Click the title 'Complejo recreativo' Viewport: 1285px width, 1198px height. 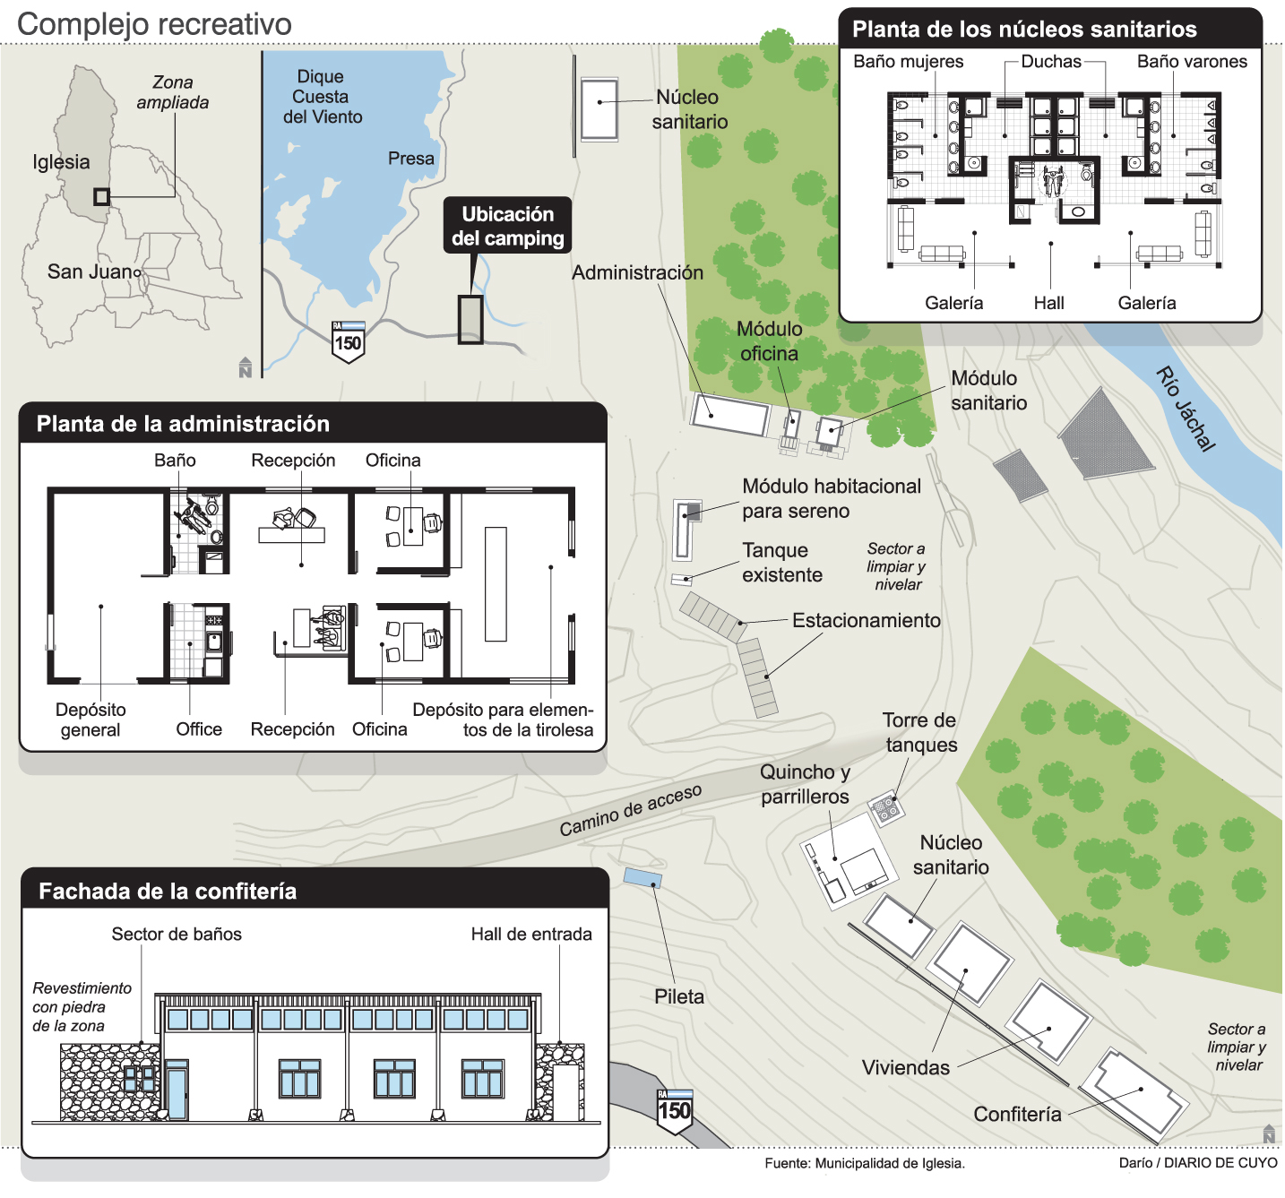pyautogui.click(x=154, y=24)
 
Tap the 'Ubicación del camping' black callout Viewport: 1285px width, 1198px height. pyautogui.click(x=507, y=225)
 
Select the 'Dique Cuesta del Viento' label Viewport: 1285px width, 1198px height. pyautogui.click(x=322, y=97)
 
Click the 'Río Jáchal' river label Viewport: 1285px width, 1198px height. pyautogui.click(x=1186, y=409)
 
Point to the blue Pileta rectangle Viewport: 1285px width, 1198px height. pyautogui.click(x=642, y=877)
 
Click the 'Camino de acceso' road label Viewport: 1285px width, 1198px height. pyautogui.click(x=630, y=809)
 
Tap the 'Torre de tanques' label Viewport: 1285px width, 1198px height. pyautogui.click(x=919, y=732)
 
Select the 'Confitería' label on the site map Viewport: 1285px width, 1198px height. pyautogui.click(x=1017, y=1114)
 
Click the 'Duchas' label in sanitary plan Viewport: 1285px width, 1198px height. pyautogui.click(x=1051, y=62)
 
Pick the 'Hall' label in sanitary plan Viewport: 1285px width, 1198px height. pyautogui.click(x=1048, y=303)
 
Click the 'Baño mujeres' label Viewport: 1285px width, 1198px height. pyautogui.click(x=908, y=62)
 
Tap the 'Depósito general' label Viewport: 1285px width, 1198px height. pyautogui.click(x=91, y=720)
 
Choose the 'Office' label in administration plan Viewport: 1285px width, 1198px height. pyautogui.click(x=199, y=729)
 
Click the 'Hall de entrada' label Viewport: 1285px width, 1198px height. pyautogui.click(x=531, y=934)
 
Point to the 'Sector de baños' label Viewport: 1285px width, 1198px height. pyautogui.click(x=176, y=934)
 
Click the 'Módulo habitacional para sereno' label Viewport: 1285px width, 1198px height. pyautogui.click(x=831, y=498)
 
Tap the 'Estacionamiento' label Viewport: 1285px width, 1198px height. pyautogui.click(x=867, y=620)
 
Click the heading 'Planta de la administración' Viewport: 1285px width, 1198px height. pyautogui.click(x=183, y=424)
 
